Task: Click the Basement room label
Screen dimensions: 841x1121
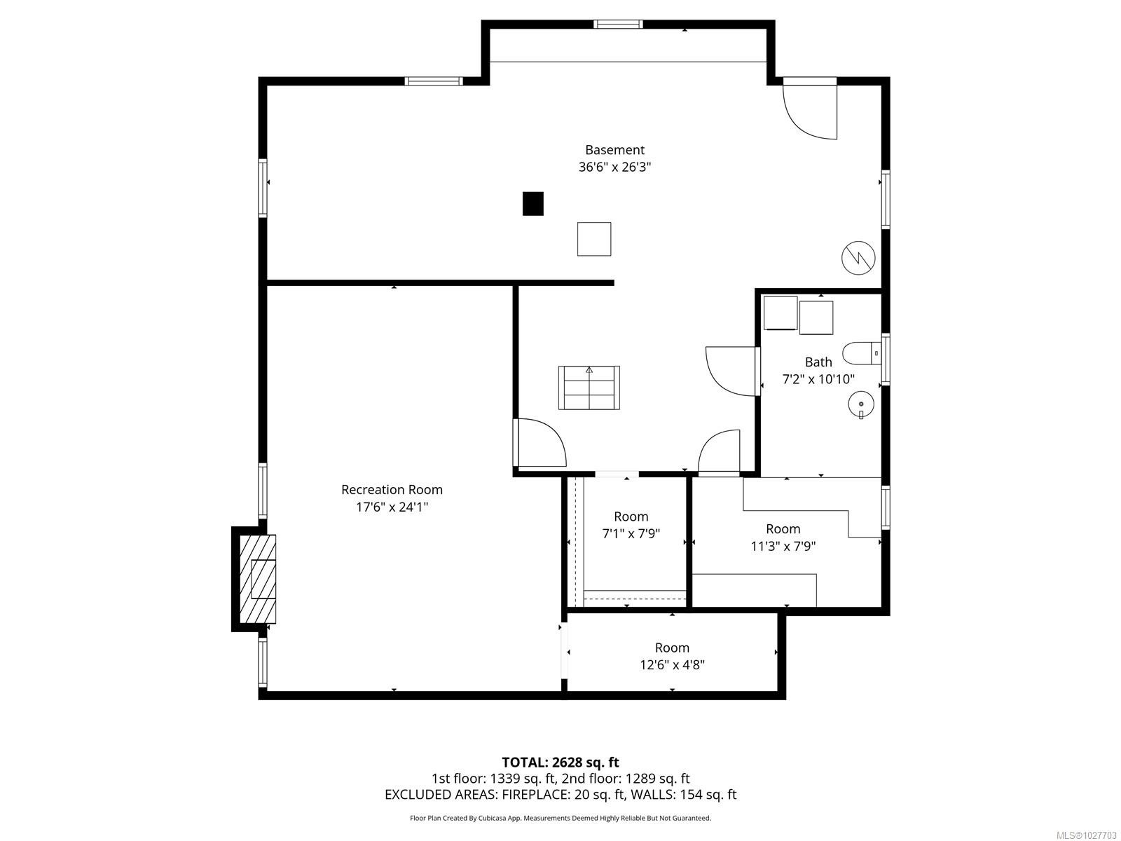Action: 614,150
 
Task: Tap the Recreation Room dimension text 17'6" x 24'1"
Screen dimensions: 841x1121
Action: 392,507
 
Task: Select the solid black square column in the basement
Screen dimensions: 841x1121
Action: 533,203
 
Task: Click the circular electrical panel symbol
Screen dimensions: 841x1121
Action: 858,257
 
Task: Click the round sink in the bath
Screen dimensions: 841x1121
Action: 860,404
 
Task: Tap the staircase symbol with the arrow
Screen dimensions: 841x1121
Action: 589,388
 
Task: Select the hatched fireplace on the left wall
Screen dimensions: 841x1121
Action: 258,579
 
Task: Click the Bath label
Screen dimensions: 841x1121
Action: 818,362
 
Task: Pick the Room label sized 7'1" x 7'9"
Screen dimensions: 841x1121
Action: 631,517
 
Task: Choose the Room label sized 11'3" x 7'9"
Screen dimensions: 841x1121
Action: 783,529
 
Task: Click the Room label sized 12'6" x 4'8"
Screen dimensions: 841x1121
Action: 672,648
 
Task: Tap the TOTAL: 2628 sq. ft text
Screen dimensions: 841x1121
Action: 560,762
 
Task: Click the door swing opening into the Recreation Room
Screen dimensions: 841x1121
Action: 541,443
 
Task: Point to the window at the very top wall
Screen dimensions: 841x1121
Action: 618,25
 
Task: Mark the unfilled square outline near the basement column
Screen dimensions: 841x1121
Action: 594,239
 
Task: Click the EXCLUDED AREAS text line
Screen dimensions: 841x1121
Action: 560,795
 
